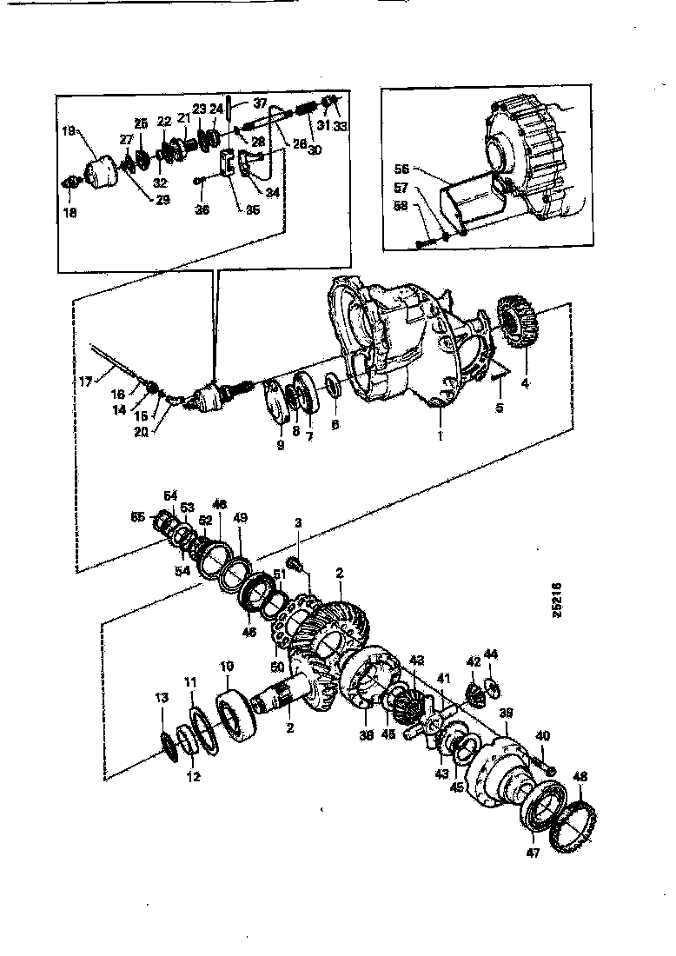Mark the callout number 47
point(532,853)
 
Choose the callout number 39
point(507,712)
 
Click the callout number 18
point(70,211)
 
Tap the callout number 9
point(281,445)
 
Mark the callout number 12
point(193,776)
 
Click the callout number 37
point(260,102)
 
